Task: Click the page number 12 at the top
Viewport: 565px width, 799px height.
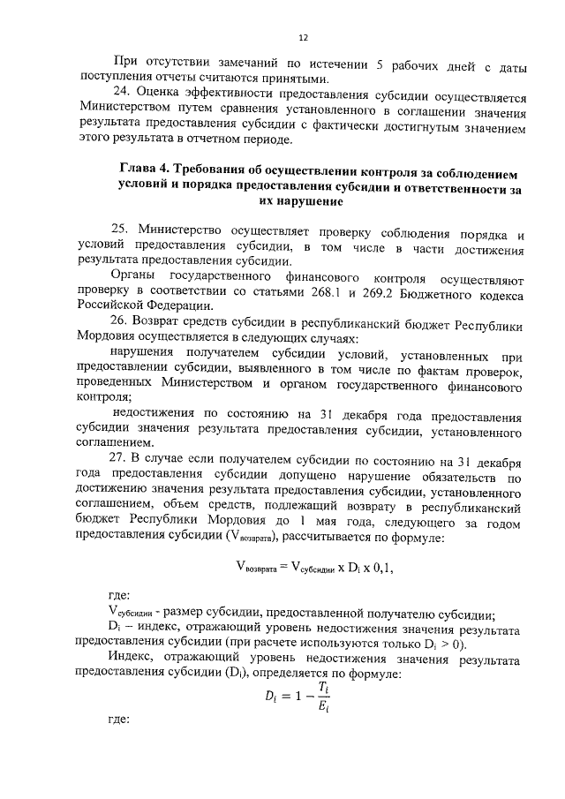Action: (x=302, y=37)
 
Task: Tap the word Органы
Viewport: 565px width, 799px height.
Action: (x=129, y=276)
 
